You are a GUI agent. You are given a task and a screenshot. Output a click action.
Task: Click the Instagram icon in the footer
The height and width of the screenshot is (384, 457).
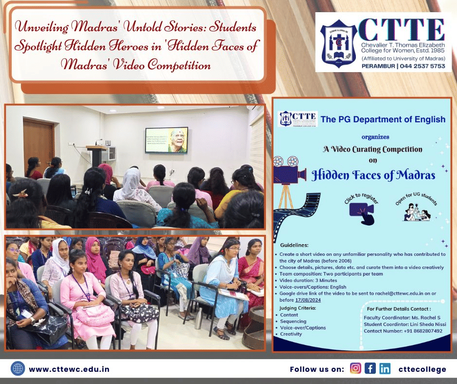355,369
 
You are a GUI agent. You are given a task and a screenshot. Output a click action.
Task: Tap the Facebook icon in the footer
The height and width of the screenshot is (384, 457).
370,369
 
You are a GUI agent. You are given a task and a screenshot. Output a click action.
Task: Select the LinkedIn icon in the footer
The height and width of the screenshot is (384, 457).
385,369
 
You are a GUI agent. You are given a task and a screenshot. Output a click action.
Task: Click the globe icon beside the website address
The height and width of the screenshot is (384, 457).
18,369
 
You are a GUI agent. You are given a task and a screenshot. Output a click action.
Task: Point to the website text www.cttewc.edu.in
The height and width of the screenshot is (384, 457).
69,369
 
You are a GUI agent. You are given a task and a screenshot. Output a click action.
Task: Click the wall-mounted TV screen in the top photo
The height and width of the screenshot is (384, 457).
166,140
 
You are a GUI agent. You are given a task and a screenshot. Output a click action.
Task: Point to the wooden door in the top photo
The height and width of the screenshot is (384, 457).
38,141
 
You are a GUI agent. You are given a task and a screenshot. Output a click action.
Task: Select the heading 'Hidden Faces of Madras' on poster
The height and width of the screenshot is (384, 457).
373,174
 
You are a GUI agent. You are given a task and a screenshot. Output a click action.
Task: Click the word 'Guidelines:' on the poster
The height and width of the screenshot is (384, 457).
294,245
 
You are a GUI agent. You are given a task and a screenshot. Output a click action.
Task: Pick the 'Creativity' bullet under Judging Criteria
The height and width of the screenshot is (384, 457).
291,334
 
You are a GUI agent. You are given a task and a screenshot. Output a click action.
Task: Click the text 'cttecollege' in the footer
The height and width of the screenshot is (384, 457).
422,369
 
